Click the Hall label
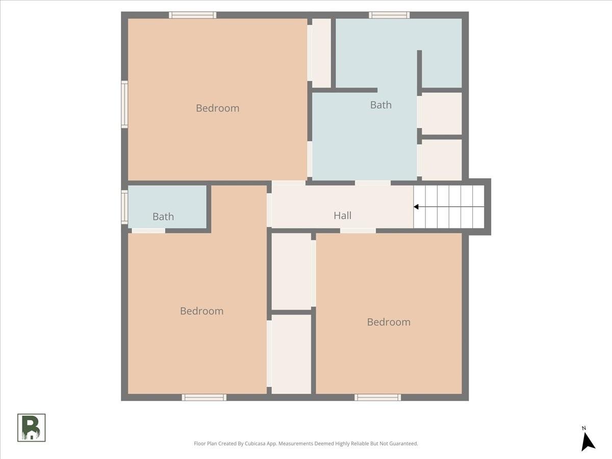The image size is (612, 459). (342, 215)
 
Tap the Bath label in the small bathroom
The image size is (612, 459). (163, 217)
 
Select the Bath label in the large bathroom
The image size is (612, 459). (381, 105)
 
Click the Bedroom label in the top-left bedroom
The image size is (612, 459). (217, 108)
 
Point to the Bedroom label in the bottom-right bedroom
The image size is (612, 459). (389, 322)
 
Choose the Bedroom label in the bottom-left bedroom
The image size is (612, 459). (202, 311)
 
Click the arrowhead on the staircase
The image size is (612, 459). (416, 207)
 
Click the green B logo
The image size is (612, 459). (32, 427)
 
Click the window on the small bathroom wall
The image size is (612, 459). (124, 207)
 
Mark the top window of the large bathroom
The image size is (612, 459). (389, 15)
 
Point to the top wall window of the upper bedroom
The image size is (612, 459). (192, 15)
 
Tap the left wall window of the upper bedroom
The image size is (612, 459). (124, 105)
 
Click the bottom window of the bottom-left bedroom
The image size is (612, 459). (204, 397)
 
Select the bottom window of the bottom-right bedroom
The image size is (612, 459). (377, 397)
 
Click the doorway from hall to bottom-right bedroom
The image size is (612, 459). (358, 231)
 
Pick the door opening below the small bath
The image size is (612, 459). (148, 231)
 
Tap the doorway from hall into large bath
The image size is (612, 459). (373, 183)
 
